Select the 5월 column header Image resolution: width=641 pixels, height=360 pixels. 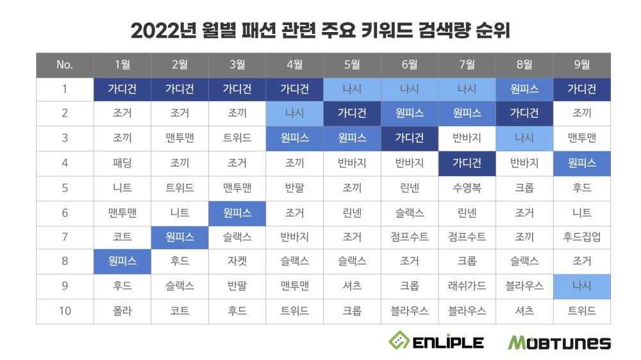(x=352, y=64)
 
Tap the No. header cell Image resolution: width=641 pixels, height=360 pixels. (x=65, y=64)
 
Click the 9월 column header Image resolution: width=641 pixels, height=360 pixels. (x=581, y=64)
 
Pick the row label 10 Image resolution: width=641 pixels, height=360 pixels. (x=65, y=311)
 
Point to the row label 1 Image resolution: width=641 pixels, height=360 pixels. (x=65, y=89)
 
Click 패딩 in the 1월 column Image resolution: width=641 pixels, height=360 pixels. (x=122, y=163)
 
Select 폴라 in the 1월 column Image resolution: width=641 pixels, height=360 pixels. (x=122, y=311)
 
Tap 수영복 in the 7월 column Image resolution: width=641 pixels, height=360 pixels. (x=467, y=188)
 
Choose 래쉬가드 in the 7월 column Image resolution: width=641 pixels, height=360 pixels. (x=467, y=286)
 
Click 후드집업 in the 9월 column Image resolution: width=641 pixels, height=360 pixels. (x=581, y=237)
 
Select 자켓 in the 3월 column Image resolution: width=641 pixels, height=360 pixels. (x=237, y=262)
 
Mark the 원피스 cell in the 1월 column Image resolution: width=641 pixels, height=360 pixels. (x=122, y=262)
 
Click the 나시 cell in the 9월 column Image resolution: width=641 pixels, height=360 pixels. (x=581, y=286)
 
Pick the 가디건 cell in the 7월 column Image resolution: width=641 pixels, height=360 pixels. (x=467, y=163)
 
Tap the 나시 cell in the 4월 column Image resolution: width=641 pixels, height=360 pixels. (x=294, y=114)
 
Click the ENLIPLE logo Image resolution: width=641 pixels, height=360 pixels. (x=436, y=341)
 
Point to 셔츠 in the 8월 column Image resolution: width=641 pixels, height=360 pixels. (x=524, y=311)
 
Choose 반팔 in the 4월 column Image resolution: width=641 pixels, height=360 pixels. (x=294, y=188)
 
